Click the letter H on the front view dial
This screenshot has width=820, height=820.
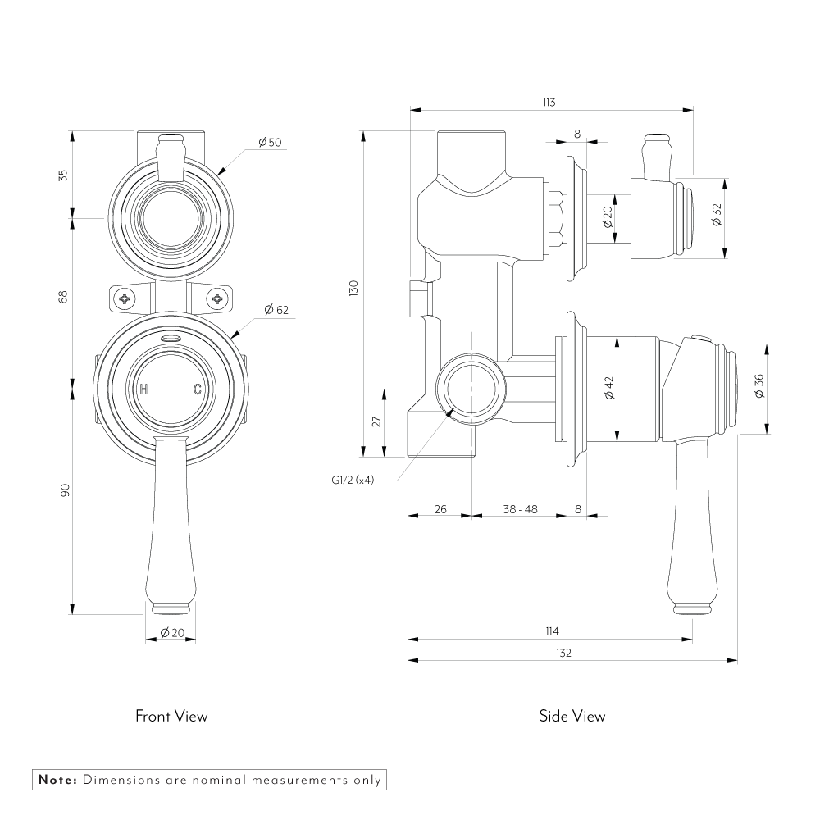click(x=144, y=389)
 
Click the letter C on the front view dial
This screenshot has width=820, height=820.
click(x=198, y=389)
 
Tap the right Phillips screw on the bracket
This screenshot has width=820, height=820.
click(x=217, y=298)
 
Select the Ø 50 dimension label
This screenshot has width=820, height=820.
click(x=270, y=143)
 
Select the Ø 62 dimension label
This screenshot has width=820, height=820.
click(x=276, y=310)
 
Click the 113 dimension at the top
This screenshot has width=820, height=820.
click(x=549, y=102)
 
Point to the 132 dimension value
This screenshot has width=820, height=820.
click(x=563, y=653)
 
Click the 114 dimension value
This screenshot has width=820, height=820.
click(x=551, y=631)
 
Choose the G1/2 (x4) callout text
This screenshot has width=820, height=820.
click(x=347, y=481)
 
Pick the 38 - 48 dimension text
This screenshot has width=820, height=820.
click(x=520, y=509)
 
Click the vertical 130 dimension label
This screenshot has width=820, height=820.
click(x=353, y=289)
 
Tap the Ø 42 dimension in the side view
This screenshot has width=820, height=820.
click(x=608, y=388)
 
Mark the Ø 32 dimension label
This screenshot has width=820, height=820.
click(x=716, y=216)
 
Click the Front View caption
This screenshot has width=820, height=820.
click(x=171, y=716)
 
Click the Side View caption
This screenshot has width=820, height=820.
click(x=572, y=716)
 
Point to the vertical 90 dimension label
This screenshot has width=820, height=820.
click(x=65, y=490)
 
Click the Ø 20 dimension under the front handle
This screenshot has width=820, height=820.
click(x=172, y=632)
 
